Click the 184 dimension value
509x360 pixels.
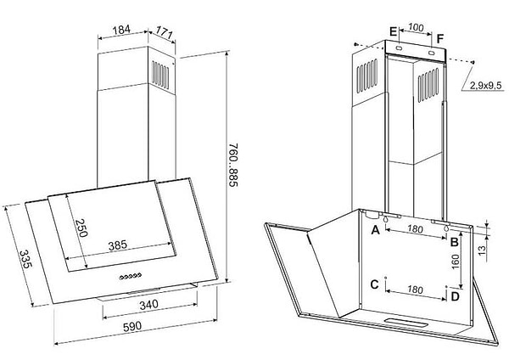tap(121, 30)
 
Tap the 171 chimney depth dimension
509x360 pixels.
tap(164, 32)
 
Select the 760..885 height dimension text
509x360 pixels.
tap(233, 165)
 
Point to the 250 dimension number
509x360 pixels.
tap(81, 228)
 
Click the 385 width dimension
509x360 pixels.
tap(118, 245)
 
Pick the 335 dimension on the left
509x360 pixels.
tap(25, 259)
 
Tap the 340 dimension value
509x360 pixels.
tap(148, 305)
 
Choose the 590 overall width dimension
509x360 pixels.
tap(132, 326)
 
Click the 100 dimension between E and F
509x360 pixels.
tap(416, 27)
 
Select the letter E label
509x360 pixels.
tap(393, 32)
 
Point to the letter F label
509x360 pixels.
tap(439, 39)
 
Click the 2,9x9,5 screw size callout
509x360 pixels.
tap(485, 86)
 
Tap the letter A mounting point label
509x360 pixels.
tap(375, 230)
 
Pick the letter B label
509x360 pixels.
tap(455, 242)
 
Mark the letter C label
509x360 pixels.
tap(375, 284)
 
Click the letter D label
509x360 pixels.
tap(456, 296)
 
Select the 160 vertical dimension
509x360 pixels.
tap(456, 262)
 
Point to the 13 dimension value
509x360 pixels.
tap(482, 250)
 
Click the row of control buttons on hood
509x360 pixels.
tap(130, 277)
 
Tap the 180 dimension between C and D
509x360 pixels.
tap(415, 290)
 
